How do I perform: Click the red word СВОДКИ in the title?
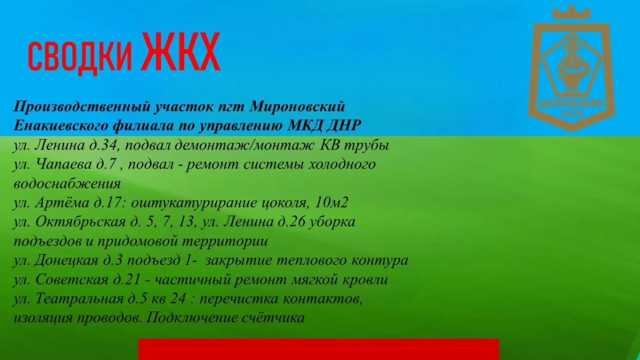click(81, 57)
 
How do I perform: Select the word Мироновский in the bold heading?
click(297, 107)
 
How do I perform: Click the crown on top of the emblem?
click(571, 13)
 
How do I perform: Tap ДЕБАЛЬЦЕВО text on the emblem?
click(572, 103)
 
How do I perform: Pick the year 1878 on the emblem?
click(572, 114)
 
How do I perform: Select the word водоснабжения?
click(67, 184)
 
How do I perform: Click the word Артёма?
click(62, 203)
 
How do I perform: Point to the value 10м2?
click(331, 203)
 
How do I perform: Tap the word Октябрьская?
click(81, 222)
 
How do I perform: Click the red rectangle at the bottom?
click(318, 349)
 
